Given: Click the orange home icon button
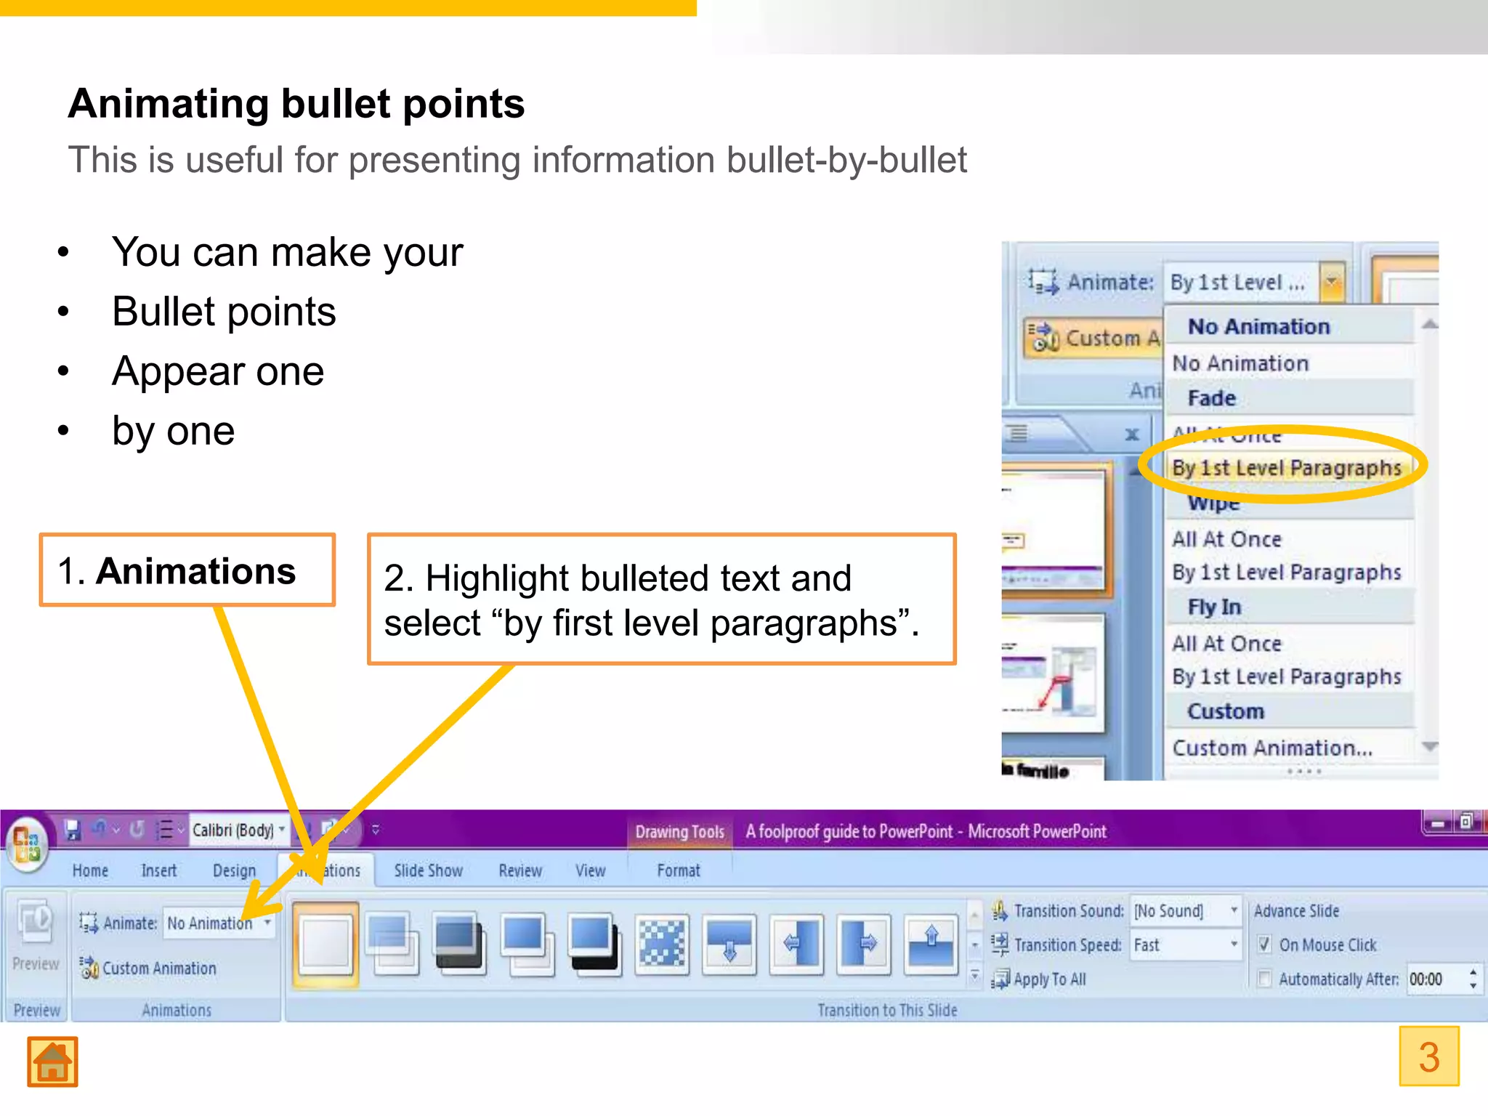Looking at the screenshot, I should coord(52,1062).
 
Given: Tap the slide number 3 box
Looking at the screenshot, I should coord(1428,1056).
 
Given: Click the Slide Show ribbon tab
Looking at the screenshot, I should coord(428,870).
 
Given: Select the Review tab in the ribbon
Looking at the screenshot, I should coord(520,870).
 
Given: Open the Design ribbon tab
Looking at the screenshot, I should coord(234,870).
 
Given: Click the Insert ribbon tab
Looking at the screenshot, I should coord(158,870).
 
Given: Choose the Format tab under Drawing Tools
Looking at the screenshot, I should coord(679,870).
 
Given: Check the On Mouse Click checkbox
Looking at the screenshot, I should coord(1265,945).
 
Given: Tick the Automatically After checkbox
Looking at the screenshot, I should coord(1265,979).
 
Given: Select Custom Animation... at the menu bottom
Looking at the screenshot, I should coord(1272,748).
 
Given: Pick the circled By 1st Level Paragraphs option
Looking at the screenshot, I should coord(1286,468).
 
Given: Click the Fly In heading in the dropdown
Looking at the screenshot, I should coord(1214,607).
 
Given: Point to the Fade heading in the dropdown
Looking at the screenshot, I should coord(1211,398).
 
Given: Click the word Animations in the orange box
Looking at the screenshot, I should coord(196,571).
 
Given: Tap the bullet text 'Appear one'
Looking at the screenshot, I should coord(218,371).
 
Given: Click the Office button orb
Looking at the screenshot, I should coord(27,844).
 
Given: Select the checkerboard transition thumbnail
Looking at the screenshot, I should coord(661,943).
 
